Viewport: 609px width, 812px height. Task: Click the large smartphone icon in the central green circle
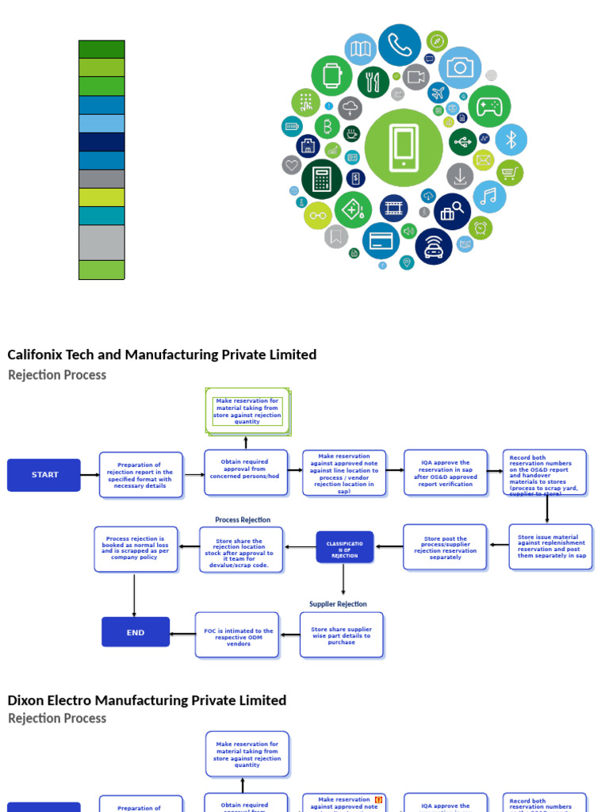(404, 147)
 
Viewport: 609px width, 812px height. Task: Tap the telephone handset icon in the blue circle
(400, 45)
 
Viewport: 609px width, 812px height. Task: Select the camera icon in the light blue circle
(460, 67)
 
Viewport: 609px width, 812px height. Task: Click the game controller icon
(489, 107)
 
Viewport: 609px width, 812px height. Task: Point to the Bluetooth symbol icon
(511, 140)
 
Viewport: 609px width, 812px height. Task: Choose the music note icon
(489, 197)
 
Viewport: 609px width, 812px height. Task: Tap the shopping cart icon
(510, 173)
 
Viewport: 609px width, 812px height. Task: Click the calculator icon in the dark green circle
(322, 179)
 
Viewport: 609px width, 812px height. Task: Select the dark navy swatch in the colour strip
(101, 142)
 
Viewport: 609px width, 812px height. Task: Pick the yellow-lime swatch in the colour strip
(101, 197)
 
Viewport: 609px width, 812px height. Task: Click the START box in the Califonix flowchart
(44, 475)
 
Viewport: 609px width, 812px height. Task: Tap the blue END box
(136, 632)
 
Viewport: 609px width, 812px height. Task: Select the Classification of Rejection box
(344, 547)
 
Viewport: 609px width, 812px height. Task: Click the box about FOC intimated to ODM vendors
(237, 635)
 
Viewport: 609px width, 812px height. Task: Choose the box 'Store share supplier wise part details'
(341, 635)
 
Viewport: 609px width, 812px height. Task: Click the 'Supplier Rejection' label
(338, 604)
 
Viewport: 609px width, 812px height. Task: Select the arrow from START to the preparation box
(90, 475)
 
